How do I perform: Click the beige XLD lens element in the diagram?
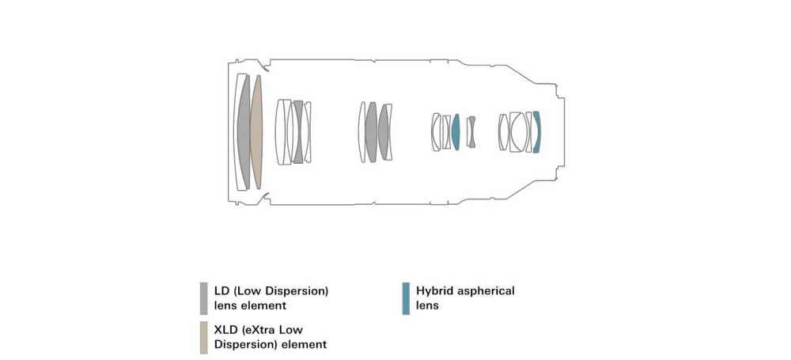pos(256,132)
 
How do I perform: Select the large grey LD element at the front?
pos(244,132)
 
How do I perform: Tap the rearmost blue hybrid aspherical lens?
pos(536,132)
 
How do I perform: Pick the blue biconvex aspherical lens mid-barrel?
pos(456,132)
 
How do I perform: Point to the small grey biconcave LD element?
pos(471,132)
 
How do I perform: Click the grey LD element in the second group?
pos(298,132)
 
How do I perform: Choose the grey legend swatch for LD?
pos(204,298)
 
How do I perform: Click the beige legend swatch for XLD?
pos(204,337)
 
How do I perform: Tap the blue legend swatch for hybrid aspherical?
pos(406,298)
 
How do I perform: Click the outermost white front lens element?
pos(240,132)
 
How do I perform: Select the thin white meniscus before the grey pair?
pos(361,132)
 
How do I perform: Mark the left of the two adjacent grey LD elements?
pos(371,132)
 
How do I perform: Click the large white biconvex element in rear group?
pos(518,132)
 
